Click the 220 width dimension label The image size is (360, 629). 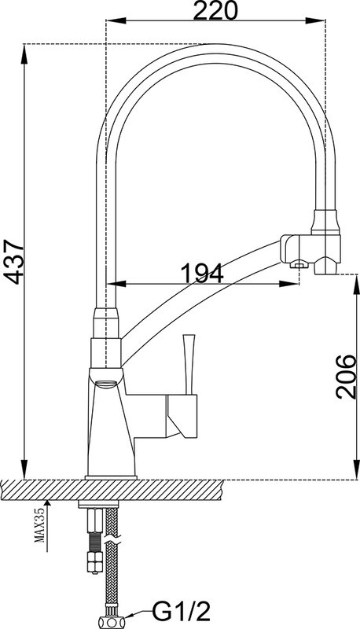[215, 11]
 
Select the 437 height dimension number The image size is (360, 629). [12, 262]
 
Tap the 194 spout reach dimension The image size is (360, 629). [202, 274]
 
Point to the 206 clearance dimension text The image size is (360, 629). [346, 377]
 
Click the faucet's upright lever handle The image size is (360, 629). [188, 364]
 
